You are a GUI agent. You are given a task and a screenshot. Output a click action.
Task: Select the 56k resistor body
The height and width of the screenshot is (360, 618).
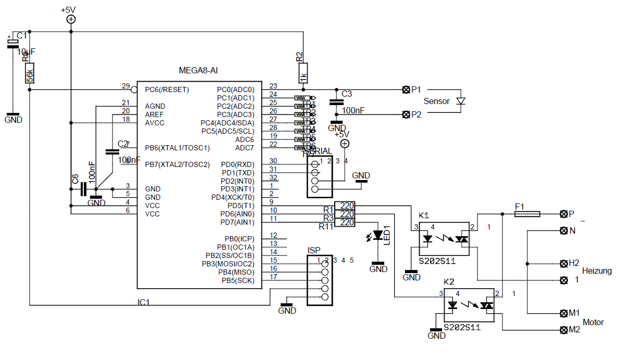(30, 75)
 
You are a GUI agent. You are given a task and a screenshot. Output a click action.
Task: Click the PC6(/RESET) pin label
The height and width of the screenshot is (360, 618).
(167, 89)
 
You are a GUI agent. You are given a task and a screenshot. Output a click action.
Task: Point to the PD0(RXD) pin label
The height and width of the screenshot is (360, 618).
(238, 164)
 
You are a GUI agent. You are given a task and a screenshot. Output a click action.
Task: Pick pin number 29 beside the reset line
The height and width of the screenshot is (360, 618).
(125, 86)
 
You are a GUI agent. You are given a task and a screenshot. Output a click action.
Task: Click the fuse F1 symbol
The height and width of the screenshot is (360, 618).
(527, 214)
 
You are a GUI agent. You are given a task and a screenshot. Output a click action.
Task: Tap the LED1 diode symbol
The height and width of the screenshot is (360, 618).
(378, 235)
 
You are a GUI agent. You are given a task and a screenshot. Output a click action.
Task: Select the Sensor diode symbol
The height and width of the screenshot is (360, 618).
(460, 101)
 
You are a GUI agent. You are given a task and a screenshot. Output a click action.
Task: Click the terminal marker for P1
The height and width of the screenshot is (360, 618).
(406, 89)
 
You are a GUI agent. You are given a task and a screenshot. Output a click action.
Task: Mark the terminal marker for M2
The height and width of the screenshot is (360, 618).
(563, 330)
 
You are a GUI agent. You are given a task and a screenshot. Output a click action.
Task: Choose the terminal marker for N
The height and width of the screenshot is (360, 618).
(563, 230)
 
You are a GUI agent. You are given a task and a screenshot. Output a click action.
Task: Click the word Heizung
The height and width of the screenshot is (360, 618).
(597, 271)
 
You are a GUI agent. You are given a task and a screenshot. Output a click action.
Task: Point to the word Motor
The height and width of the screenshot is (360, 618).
(594, 322)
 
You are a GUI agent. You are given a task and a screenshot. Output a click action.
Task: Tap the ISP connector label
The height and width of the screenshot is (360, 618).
(314, 250)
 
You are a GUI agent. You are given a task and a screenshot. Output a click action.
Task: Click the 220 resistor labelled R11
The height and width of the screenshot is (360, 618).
(344, 223)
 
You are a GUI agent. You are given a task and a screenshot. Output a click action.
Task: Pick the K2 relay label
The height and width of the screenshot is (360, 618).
(449, 282)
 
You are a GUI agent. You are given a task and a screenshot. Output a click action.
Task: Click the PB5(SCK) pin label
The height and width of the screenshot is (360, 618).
(236, 281)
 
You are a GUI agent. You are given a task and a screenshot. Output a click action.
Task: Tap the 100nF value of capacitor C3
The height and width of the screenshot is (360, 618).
(354, 111)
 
